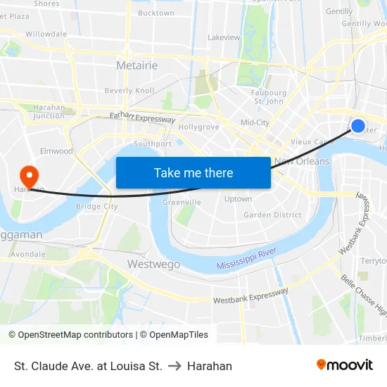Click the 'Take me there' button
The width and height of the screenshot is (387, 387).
coord(193,172)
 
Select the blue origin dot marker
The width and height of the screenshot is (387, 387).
coord(358,126)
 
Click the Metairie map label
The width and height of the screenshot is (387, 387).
coord(137,65)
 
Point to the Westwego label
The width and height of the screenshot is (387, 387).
coord(153,264)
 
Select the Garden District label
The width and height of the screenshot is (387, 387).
coord(272,215)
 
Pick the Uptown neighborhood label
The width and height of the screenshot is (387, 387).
coord(238,199)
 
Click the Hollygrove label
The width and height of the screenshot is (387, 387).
coord(199,127)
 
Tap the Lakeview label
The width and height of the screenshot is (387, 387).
coord(224,37)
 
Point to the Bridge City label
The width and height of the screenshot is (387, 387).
coord(96,206)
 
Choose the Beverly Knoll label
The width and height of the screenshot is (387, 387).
coord(129,91)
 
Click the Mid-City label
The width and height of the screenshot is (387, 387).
coord(255,122)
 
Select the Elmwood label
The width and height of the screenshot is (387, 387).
coord(56,151)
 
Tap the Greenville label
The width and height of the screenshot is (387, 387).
coord(182,202)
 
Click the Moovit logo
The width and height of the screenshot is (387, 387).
coord(345,364)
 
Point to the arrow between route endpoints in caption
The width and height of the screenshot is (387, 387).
coord(175,366)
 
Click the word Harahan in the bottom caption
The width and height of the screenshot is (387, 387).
coord(210,366)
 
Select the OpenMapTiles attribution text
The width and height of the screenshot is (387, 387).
coord(174,335)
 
